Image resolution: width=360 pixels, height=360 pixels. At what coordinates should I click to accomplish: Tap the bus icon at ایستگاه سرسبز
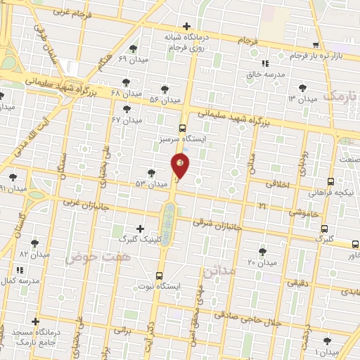pos(183,128)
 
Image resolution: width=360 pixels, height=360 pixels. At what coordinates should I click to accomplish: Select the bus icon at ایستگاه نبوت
pos(160,276)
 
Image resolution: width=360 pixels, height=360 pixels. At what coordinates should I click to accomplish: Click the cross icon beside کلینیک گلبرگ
pos(140,229)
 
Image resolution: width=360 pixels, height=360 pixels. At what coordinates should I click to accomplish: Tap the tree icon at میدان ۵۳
pos(151,173)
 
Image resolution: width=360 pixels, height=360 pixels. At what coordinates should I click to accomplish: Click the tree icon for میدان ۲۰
pos(262,251)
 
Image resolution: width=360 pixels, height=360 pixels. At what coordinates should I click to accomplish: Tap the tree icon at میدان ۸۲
pos(34,243)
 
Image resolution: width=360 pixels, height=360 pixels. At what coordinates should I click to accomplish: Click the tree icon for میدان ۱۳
pos(303,88)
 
